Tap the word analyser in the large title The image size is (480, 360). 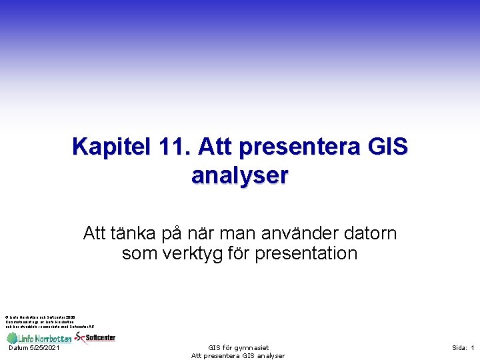[x=239, y=175]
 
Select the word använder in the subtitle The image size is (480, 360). [x=283, y=233]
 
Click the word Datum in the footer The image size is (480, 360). [x=19, y=348]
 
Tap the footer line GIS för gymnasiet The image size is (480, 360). [x=238, y=347]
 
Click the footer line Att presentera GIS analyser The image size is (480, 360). [x=238, y=356]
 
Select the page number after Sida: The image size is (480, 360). [x=472, y=348]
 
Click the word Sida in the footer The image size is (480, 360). [x=459, y=348]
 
